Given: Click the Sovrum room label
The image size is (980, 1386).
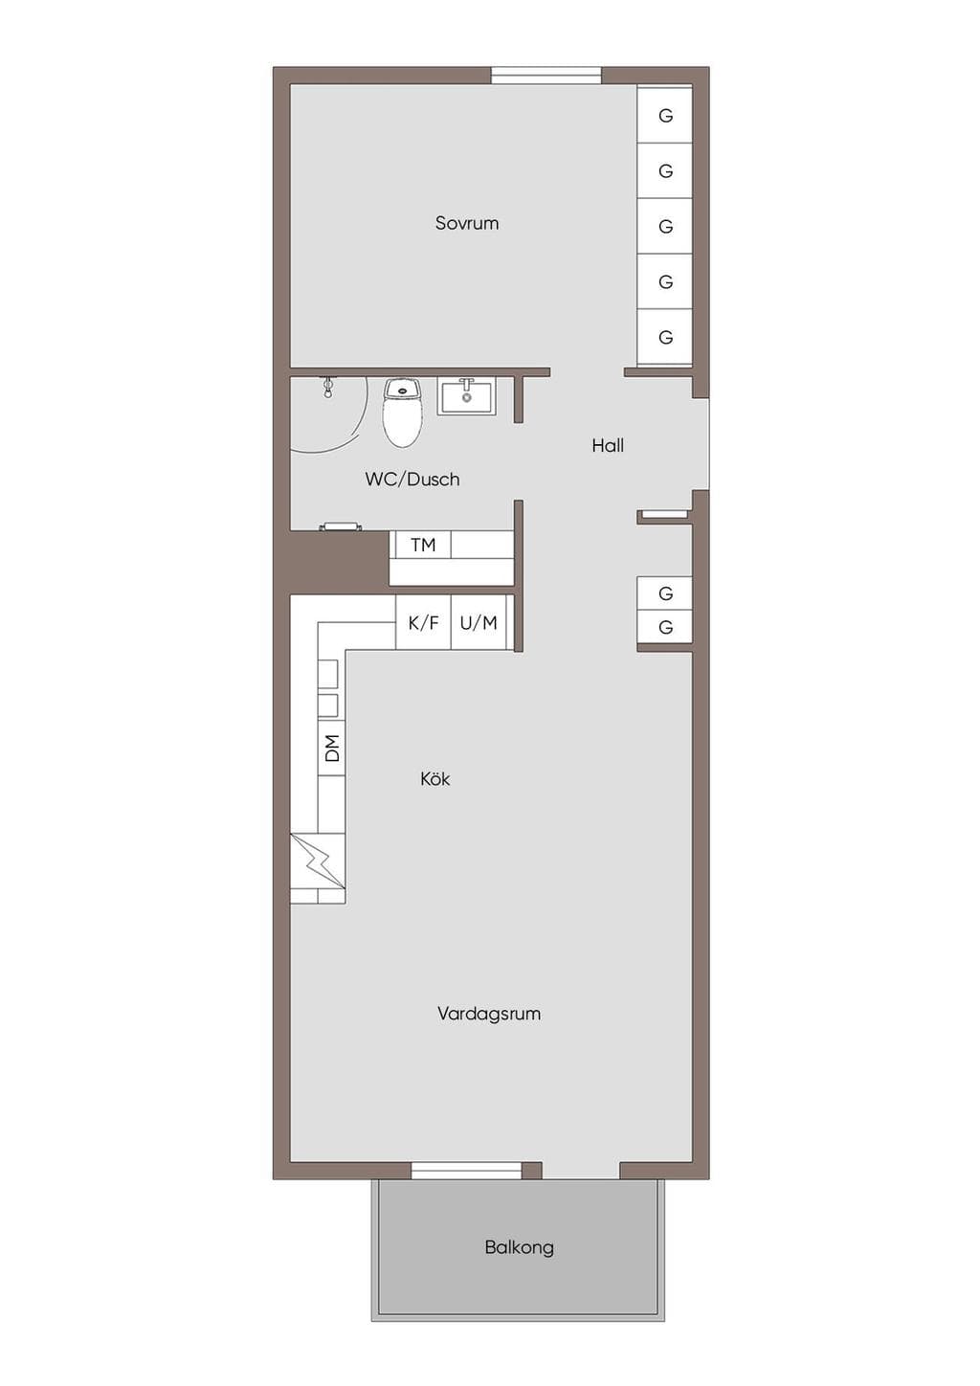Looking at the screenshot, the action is (466, 223).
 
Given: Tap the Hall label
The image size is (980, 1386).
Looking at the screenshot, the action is (608, 445).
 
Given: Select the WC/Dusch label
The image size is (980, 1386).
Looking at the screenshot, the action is (412, 479).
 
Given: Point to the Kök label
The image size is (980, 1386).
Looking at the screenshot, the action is (434, 778).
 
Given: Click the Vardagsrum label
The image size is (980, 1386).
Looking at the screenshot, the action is (489, 1014).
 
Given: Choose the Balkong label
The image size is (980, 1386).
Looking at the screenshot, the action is (519, 1247).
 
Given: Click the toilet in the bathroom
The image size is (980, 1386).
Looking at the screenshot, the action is (403, 413).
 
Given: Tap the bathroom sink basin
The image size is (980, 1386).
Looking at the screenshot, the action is (466, 396).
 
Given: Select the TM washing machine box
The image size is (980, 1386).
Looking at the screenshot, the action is (423, 546).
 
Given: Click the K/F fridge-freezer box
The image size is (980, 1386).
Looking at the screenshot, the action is (423, 622).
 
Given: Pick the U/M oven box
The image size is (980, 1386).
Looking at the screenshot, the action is (479, 622).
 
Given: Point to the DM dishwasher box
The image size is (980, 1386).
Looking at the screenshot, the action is (332, 749).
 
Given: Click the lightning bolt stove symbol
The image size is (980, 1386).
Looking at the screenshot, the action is (318, 861).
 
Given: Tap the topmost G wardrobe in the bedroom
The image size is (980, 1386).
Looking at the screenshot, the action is (664, 115).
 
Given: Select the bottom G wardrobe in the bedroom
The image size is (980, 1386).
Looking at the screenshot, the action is (664, 337).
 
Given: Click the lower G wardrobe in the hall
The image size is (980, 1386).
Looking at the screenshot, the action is (664, 627).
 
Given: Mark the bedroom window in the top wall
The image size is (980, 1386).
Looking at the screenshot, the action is (546, 75).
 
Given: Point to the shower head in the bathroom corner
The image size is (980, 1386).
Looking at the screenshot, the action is (328, 386).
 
